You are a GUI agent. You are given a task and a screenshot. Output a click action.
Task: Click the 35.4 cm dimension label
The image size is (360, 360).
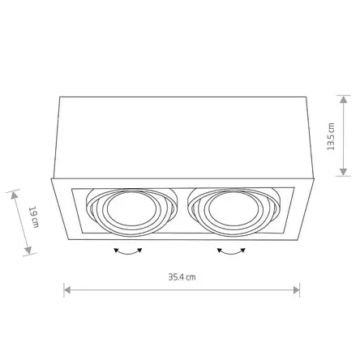click(182, 277)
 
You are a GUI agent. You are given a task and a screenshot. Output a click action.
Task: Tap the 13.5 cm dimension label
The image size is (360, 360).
click(330, 136)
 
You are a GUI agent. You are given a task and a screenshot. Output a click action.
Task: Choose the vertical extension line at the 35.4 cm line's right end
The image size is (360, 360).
click(301, 280)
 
